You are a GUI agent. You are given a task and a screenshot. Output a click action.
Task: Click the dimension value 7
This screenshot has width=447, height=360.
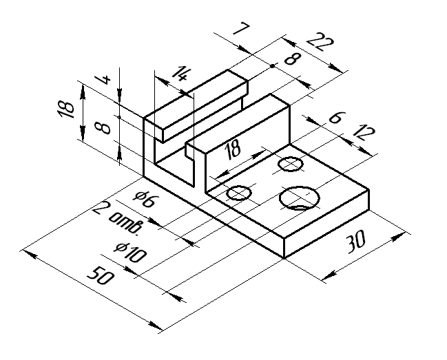click(x=241, y=29)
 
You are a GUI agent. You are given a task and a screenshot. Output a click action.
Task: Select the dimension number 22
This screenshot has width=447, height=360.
click(x=320, y=42)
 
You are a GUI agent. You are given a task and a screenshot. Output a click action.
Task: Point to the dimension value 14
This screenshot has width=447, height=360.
click(x=180, y=74)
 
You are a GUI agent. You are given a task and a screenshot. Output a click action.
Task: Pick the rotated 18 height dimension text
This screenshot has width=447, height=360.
click(x=66, y=109)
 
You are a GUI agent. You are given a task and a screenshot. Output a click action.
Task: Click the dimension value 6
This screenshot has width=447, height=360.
click(x=337, y=117)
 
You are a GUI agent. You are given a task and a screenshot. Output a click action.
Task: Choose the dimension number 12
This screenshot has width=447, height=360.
click(x=363, y=132)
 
